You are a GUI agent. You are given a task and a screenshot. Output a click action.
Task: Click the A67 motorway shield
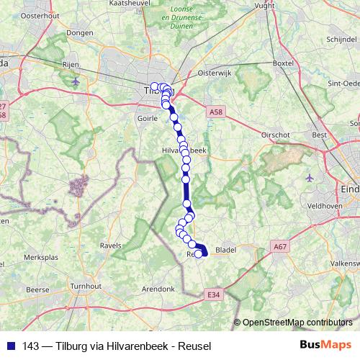282,247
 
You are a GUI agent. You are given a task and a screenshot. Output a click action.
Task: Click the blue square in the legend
11,345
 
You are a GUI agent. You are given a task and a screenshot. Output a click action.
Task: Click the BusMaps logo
325,345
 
